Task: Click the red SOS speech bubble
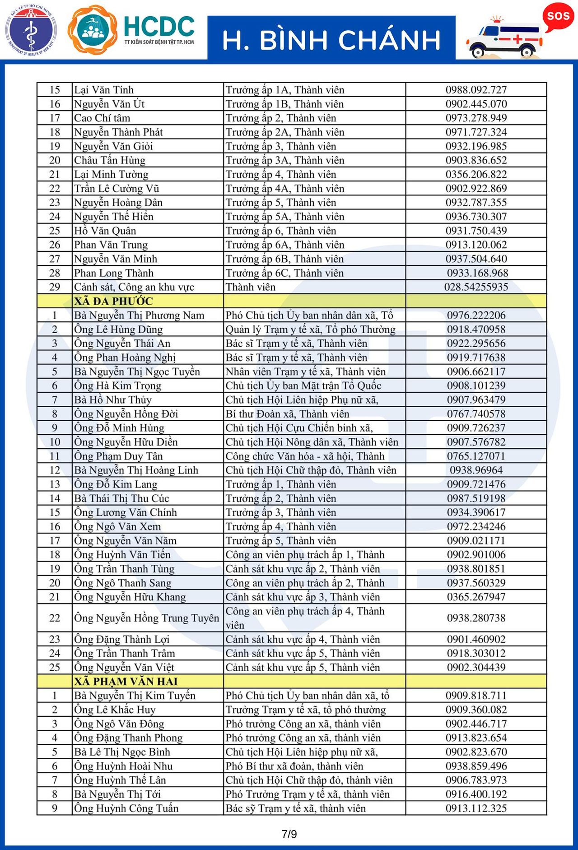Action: click(558, 16)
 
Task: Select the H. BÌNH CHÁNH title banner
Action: click(331, 39)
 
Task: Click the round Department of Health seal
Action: click(31, 30)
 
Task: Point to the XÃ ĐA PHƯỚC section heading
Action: click(114, 301)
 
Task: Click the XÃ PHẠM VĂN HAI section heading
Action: click(126, 681)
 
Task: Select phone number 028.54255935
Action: click(476, 287)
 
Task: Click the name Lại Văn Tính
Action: click(104, 90)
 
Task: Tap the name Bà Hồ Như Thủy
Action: click(113, 400)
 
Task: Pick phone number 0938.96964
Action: click(476, 470)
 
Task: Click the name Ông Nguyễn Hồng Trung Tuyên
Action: click(146, 618)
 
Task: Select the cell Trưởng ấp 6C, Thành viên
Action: click(284, 273)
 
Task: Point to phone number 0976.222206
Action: click(476, 316)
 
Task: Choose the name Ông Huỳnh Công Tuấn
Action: click(126, 808)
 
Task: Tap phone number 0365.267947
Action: click(476, 597)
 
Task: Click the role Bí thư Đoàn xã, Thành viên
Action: click(287, 414)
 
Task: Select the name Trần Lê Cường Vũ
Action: click(117, 189)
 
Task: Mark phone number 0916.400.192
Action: click(476, 794)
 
